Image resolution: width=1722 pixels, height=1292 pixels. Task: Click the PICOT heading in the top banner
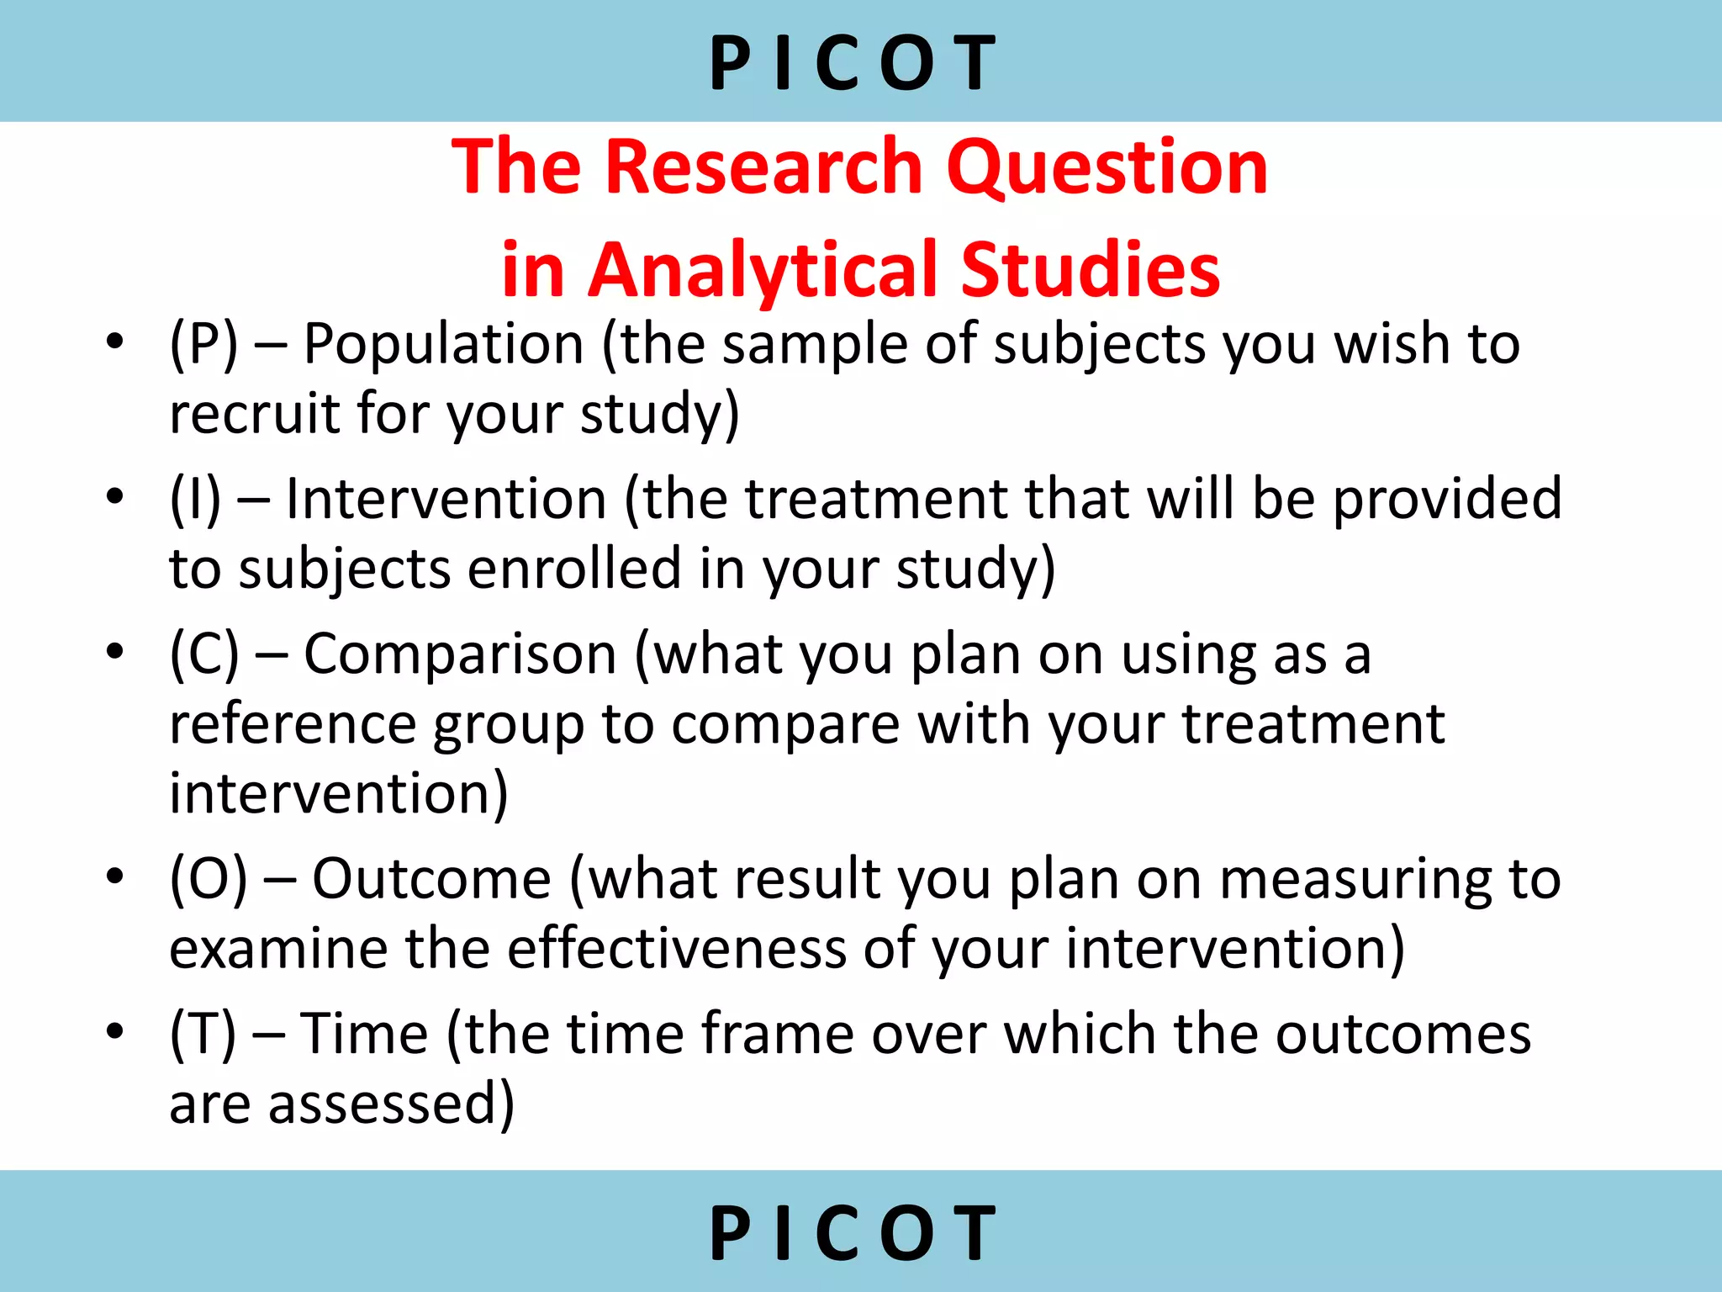tap(853, 63)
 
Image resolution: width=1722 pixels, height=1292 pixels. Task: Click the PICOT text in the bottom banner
tap(853, 1233)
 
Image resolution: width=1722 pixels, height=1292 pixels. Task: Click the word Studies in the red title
tap(1090, 271)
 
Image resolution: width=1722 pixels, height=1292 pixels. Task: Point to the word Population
tap(443, 345)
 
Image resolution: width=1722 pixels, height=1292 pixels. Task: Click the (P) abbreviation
tap(203, 345)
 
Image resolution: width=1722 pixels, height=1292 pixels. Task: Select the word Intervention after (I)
tap(446, 499)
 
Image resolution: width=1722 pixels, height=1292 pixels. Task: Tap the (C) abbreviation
tap(203, 654)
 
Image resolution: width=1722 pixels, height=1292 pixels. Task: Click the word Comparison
tap(460, 654)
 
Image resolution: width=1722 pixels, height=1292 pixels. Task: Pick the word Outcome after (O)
tap(431, 879)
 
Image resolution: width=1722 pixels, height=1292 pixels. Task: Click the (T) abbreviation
tap(203, 1034)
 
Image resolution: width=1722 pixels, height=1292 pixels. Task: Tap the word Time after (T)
tap(364, 1034)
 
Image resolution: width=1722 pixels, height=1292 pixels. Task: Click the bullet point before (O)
tap(115, 876)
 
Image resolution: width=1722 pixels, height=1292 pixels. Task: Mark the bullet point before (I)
tap(115, 495)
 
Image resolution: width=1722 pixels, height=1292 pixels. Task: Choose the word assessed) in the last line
tap(391, 1105)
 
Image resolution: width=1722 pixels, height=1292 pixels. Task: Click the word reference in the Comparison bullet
tap(293, 724)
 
